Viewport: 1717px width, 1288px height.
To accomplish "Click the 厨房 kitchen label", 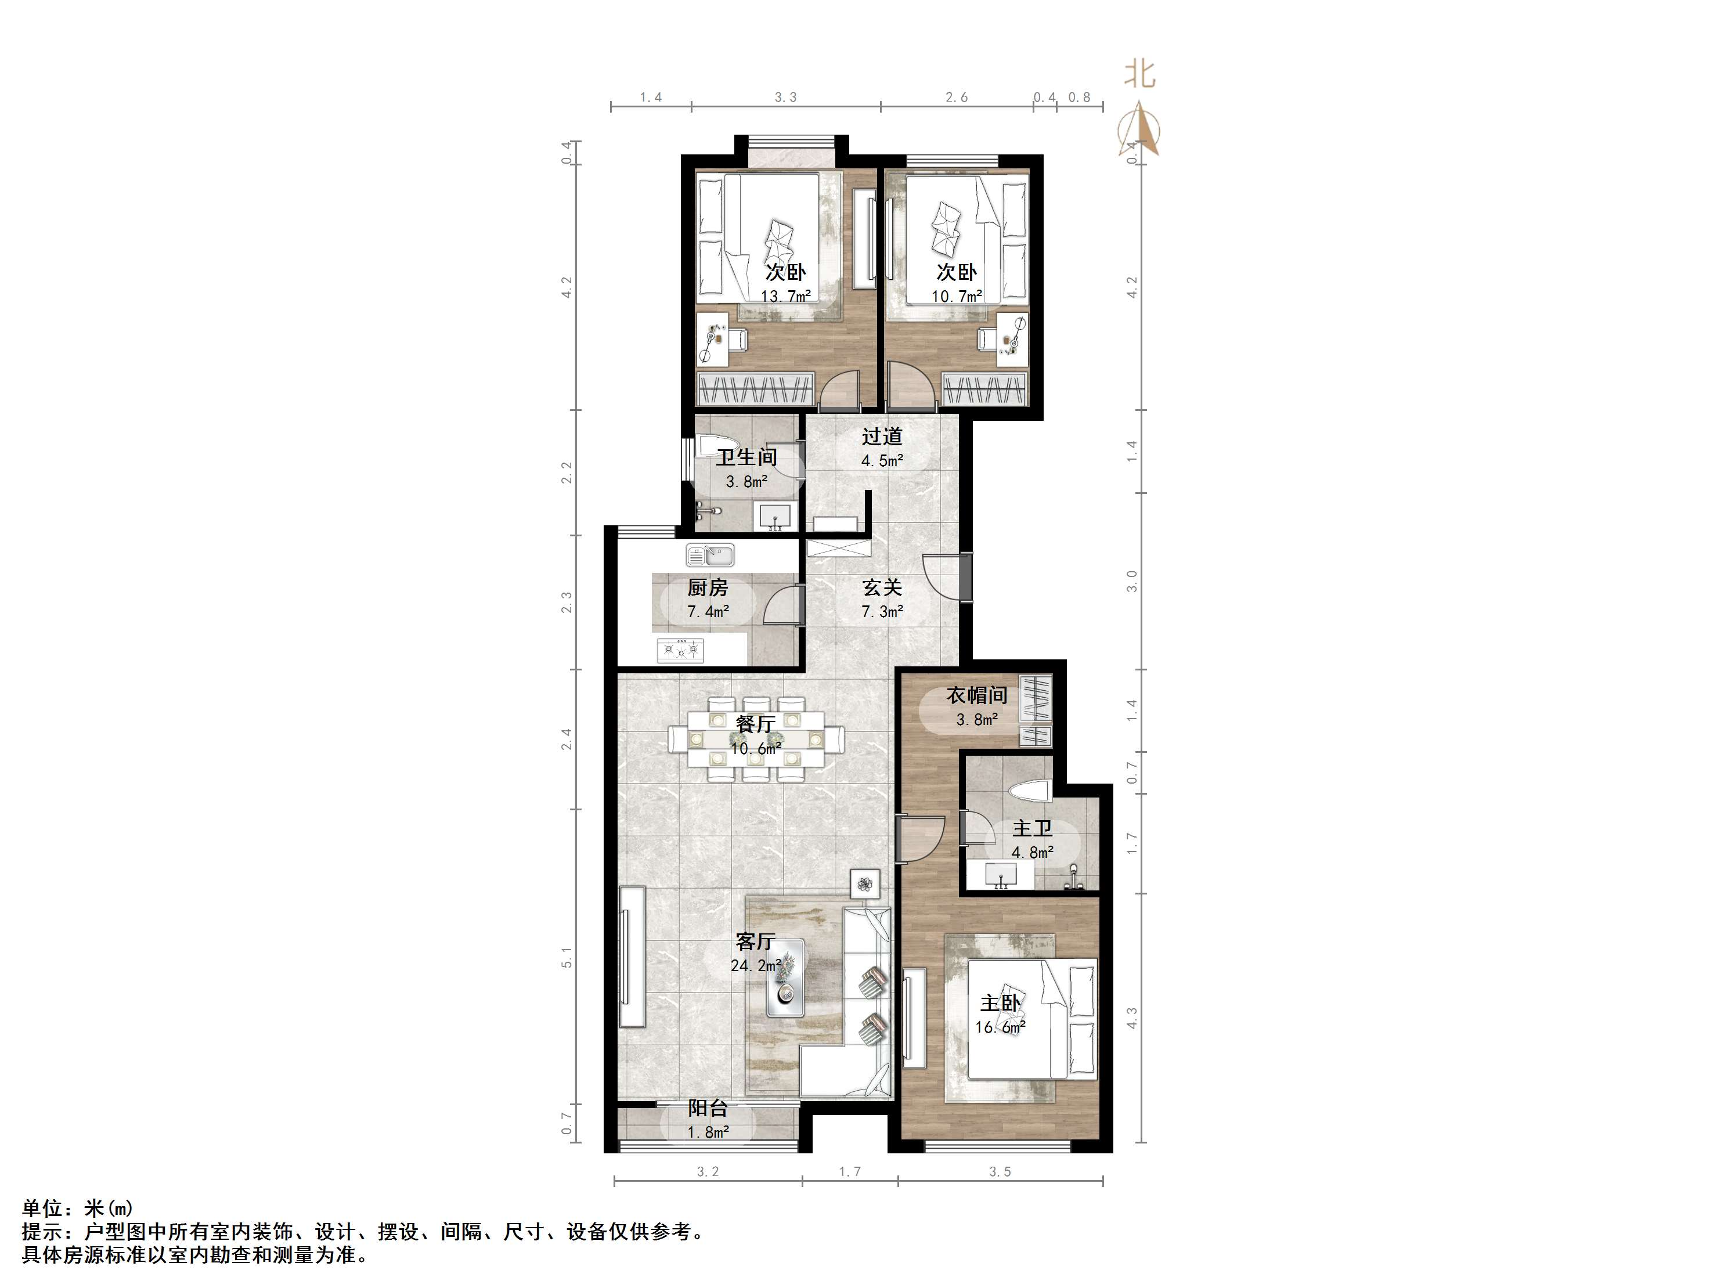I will pos(707,588).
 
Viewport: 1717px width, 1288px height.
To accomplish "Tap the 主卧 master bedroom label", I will pos(1000,1003).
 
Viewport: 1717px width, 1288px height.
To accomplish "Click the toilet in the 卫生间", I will pos(712,448).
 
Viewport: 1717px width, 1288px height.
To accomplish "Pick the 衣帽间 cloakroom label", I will pos(976,695).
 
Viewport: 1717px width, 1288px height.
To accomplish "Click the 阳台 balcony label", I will pos(707,1109).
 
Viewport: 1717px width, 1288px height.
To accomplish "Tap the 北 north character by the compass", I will pos(1140,75).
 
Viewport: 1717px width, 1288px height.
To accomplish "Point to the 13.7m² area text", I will pos(785,296).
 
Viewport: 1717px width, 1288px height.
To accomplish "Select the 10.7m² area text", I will pos(956,296).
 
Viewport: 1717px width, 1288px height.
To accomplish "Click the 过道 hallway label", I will pos(882,437).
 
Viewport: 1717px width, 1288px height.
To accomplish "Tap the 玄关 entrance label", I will pos(882,588).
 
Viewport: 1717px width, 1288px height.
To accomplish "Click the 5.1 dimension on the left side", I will pos(568,957).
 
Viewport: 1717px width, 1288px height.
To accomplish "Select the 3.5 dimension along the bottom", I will pos(1000,1171).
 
